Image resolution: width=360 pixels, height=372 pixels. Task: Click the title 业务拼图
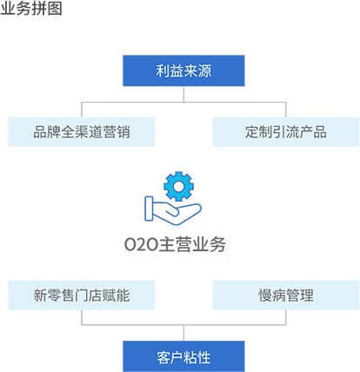[31, 8]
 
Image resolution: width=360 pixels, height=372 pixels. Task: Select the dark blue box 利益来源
[183, 70]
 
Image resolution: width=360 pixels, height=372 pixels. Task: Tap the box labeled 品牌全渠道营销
[82, 132]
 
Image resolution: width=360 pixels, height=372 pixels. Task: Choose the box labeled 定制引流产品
[286, 132]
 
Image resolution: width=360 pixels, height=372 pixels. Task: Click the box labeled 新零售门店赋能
[82, 296]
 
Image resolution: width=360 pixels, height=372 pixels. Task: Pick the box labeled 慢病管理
[286, 296]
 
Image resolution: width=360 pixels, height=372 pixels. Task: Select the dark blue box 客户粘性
[183, 356]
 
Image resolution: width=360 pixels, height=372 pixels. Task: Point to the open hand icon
[173, 211]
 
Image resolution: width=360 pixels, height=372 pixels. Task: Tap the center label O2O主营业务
[175, 244]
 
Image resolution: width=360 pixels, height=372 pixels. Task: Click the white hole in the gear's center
[178, 187]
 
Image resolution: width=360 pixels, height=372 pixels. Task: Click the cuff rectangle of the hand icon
[149, 209]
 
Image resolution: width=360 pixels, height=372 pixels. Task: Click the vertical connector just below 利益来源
[183, 94]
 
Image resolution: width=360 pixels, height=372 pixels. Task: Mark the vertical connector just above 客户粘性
[183, 333]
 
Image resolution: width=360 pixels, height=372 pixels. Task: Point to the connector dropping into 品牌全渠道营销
[82, 110]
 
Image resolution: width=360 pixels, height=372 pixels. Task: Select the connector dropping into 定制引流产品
[286, 110]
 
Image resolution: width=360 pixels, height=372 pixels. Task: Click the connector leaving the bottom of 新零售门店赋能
[82, 317]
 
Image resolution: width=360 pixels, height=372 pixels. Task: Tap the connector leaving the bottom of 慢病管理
[286, 317]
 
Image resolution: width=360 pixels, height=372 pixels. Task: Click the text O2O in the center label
[141, 245]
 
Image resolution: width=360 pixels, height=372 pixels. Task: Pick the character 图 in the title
[55, 8]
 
